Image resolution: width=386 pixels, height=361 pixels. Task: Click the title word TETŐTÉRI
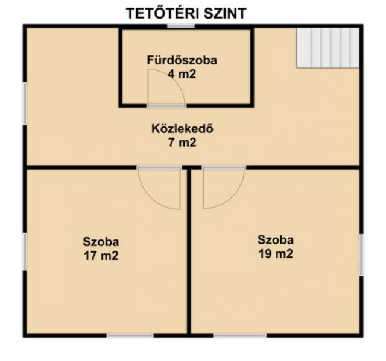163,13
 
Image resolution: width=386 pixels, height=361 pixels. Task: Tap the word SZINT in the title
225,13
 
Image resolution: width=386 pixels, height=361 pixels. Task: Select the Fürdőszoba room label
182,60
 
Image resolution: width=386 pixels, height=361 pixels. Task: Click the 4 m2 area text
182,74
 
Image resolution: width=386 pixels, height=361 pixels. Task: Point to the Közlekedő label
182,129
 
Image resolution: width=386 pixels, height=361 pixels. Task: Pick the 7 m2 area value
182,143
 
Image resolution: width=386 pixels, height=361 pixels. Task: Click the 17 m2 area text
101,256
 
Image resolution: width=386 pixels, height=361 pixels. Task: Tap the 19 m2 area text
276,254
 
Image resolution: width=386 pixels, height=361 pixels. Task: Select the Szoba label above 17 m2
101,242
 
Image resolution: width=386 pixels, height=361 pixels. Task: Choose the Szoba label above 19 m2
276,240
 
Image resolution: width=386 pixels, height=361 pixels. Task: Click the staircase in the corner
327,48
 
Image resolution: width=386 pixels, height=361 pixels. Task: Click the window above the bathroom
181,26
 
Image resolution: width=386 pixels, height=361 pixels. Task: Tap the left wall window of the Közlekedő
25,103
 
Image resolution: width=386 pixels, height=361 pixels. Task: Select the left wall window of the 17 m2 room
25,251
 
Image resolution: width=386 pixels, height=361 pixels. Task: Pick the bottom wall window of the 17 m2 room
130,335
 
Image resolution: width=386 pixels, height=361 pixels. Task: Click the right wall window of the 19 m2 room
361,255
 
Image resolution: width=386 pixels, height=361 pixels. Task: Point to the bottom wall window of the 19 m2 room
240,335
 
